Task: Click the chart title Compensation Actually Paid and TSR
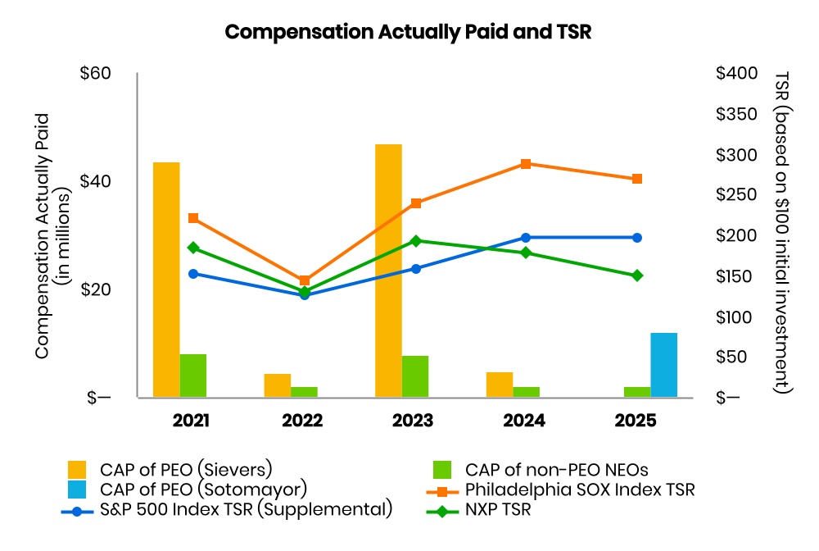(x=408, y=32)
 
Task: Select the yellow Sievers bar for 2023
(x=388, y=271)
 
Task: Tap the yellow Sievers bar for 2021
(x=166, y=280)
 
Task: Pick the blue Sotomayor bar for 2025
(x=664, y=365)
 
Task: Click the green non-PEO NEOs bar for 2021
(x=193, y=376)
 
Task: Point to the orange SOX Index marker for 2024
(x=526, y=164)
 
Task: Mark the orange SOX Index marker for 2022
(x=305, y=280)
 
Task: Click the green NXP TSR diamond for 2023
(x=416, y=241)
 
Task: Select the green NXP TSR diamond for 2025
(x=637, y=275)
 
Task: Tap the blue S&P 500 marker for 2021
(x=193, y=274)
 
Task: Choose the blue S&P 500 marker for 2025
(x=637, y=238)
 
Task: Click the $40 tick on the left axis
(x=95, y=181)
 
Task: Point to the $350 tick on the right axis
(x=736, y=114)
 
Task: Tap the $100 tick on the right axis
(x=734, y=317)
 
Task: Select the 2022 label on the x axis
(x=302, y=421)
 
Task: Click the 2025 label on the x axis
(x=636, y=421)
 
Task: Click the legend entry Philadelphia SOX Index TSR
(x=560, y=490)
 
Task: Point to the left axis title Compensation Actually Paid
(x=43, y=236)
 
